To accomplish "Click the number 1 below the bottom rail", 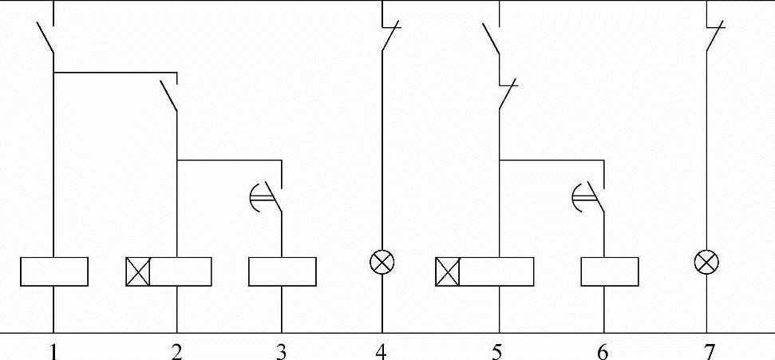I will (x=53, y=351).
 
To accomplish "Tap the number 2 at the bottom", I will (x=176, y=351).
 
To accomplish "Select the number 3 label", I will (x=281, y=351).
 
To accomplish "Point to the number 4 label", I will (x=382, y=351).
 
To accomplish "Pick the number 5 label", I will (x=499, y=351).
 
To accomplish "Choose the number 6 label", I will (x=603, y=351).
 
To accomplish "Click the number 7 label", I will (x=706, y=351).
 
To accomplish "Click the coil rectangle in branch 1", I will (x=53, y=271).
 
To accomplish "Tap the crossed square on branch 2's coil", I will (x=138, y=271).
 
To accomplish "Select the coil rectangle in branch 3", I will (x=282, y=271).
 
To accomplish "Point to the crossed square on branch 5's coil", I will (x=448, y=271).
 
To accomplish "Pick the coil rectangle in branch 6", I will (x=609, y=271).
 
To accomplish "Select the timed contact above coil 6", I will (x=593, y=196).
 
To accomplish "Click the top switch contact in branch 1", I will (x=45, y=38).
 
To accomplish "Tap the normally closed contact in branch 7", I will (x=713, y=36).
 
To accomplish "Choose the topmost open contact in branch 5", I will (x=491, y=38).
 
